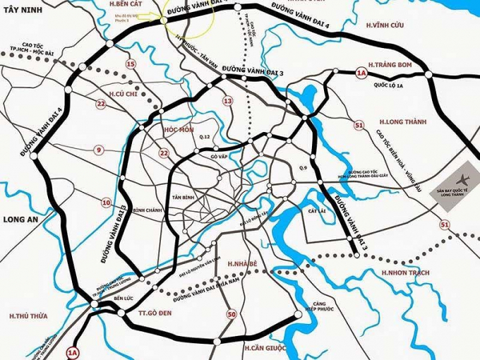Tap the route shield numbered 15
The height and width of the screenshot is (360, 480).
coord(130,64)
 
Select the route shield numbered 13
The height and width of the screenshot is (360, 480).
coord(227,101)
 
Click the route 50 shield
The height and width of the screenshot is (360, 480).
coord(231,314)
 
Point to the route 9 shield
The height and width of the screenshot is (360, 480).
coord(99,149)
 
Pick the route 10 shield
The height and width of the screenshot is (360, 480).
coord(107,203)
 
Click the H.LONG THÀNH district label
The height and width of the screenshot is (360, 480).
coord(403,122)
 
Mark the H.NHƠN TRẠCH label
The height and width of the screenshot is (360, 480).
coord(406,272)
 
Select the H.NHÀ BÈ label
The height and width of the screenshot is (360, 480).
coord(245,263)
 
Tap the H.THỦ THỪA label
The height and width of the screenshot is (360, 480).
coord(28,316)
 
